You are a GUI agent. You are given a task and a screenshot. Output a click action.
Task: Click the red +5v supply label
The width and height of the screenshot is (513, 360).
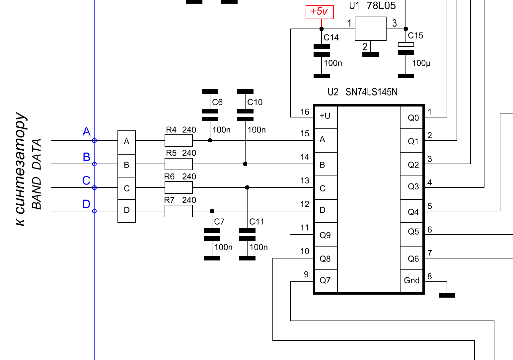pyautogui.click(x=320, y=12)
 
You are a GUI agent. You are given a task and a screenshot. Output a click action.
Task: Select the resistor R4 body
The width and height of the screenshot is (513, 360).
pyautogui.click(x=179, y=140)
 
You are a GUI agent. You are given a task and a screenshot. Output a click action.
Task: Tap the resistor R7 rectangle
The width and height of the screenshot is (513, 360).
pyautogui.click(x=179, y=211)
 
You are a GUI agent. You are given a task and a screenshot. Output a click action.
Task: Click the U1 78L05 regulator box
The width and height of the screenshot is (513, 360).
pyautogui.click(x=371, y=29)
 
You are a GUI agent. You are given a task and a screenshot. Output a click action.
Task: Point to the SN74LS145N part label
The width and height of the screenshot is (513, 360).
pyautogui.click(x=371, y=92)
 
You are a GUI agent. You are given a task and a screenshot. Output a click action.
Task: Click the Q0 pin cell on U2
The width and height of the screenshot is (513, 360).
pyautogui.click(x=411, y=117)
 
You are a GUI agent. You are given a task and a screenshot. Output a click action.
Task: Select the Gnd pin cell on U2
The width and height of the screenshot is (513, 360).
pyautogui.click(x=411, y=281)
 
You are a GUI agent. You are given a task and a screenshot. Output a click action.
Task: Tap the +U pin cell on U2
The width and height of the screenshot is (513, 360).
pyautogui.click(x=326, y=117)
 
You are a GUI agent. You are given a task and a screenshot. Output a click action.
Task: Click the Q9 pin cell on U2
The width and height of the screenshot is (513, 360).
pyautogui.click(x=326, y=235)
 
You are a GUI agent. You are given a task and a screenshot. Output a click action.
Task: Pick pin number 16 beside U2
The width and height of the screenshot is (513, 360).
pyautogui.click(x=305, y=112)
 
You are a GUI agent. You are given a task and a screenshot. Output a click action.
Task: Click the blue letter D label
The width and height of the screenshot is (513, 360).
pyautogui.click(x=86, y=204)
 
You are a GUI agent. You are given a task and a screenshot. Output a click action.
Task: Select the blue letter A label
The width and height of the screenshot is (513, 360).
pyautogui.click(x=86, y=131)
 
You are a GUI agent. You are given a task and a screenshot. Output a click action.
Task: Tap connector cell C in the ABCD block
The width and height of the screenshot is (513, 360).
pyautogui.click(x=127, y=188)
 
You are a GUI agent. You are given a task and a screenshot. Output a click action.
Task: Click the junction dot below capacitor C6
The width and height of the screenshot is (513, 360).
pyautogui.click(x=210, y=140)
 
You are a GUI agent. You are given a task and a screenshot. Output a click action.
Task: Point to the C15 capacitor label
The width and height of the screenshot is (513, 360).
pyautogui.click(x=415, y=36)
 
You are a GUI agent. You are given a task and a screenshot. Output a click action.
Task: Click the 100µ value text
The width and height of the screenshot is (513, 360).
pyautogui.click(x=421, y=63)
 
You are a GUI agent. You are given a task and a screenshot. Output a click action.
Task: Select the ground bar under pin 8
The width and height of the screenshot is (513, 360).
pyautogui.click(x=447, y=295)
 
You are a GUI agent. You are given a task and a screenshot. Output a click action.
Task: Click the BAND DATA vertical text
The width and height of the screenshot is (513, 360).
pyautogui.click(x=37, y=174)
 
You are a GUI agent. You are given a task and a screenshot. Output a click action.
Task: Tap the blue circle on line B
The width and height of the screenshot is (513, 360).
pyautogui.click(x=94, y=164)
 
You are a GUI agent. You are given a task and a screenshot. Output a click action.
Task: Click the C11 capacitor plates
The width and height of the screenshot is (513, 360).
pyautogui.click(x=247, y=235)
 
